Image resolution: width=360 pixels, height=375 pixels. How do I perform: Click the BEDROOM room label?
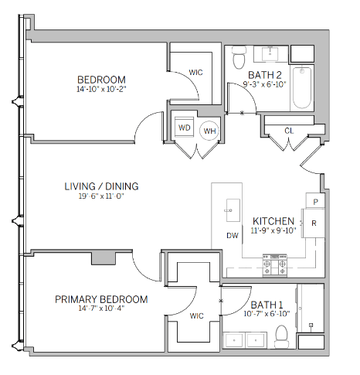coord(101,80)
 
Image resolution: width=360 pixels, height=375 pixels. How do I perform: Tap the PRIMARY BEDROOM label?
coord(101,299)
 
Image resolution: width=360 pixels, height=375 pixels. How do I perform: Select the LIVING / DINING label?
coord(101,186)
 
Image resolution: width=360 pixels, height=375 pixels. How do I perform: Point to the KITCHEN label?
coord(273,221)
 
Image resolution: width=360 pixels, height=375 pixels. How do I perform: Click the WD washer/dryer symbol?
coord(184,128)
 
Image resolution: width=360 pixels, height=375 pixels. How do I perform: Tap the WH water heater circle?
coord(209,131)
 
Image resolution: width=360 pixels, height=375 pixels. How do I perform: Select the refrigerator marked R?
coord(314,223)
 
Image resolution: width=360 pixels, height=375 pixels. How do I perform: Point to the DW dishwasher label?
coord(233,235)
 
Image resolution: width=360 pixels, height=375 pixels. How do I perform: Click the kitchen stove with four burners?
coord(275,265)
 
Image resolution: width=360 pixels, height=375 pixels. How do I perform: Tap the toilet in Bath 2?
coord(239,57)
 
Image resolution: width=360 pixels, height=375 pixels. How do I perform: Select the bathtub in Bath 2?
coord(302,87)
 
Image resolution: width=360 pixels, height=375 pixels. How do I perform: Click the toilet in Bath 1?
coord(281,336)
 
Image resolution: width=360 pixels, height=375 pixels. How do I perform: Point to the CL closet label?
coord(289,131)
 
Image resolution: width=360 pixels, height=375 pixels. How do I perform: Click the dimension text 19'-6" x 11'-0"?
coord(101,196)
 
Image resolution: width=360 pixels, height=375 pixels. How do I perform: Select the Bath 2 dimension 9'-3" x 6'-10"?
coord(265,84)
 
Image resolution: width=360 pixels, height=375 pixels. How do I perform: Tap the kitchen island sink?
coord(233,210)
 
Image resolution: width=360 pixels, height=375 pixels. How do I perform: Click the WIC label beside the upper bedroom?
coord(195,73)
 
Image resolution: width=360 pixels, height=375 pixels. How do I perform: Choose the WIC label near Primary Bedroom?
coord(196,315)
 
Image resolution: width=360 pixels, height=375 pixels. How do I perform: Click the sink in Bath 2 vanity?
coord(270,54)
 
